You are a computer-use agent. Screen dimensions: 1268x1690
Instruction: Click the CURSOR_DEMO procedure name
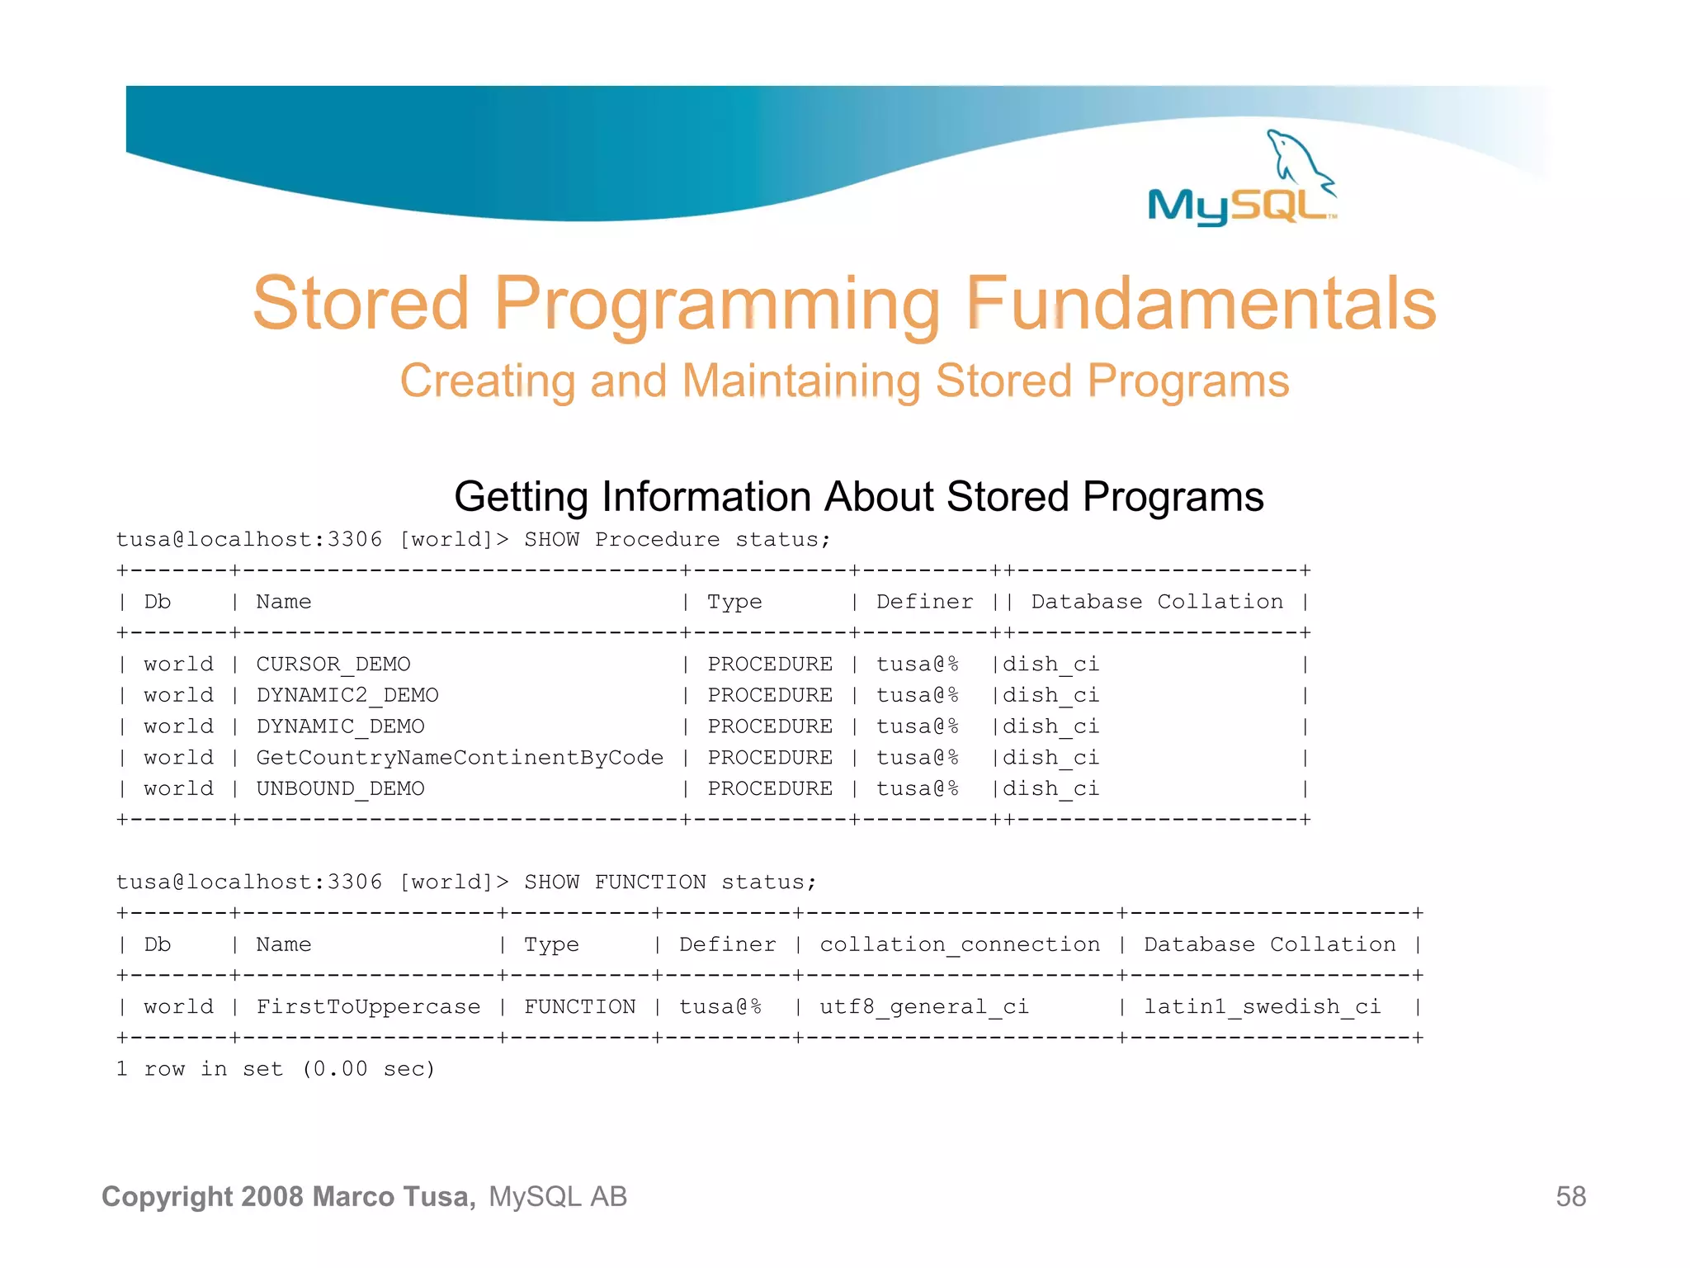coord(333,665)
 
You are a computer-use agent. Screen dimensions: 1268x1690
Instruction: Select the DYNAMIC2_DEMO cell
coord(347,696)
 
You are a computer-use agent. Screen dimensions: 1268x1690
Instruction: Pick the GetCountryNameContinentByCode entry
coord(460,758)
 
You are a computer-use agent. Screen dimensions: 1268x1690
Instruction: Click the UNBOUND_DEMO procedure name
coord(340,789)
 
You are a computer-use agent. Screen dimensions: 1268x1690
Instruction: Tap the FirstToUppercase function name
coord(368,1007)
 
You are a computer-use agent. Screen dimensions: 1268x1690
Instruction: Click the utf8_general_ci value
coord(923,1007)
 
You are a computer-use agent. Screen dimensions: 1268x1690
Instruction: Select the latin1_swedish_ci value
coord(1262,1007)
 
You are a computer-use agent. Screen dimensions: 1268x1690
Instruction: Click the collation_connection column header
coord(959,944)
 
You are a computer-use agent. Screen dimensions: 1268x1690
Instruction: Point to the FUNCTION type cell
coord(579,1007)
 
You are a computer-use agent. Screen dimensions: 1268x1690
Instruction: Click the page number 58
coord(1570,1197)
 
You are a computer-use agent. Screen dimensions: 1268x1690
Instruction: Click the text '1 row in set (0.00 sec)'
coord(275,1069)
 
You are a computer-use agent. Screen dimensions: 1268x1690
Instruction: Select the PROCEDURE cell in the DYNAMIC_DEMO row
coord(769,726)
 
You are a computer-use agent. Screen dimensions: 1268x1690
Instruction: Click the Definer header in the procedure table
coord(924,602)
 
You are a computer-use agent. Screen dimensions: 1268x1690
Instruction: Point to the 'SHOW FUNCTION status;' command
coord(669,882)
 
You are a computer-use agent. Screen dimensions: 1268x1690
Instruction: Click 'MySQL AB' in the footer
coord(558,1197)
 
